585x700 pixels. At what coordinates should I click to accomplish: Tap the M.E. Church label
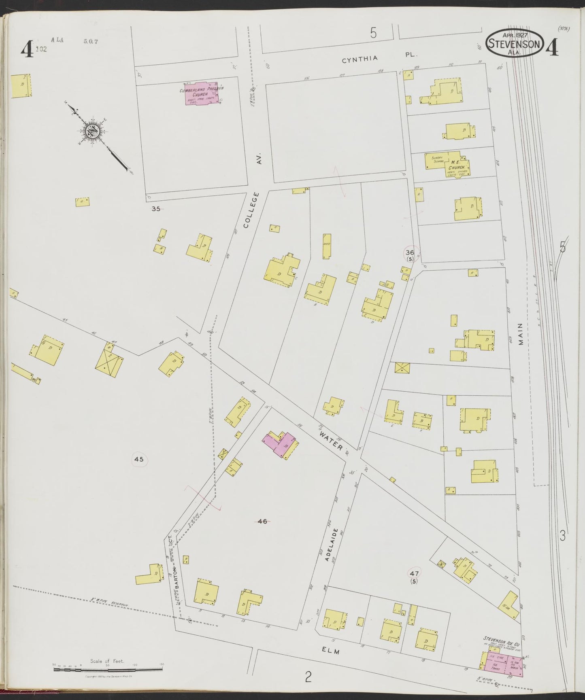point(458,164)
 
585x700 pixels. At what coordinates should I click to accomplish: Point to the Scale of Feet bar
point(108,670)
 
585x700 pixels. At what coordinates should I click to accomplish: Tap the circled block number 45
point(139,459)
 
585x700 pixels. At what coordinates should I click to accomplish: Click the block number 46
point(262,522)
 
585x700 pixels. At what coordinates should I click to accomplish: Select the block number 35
point(156,209)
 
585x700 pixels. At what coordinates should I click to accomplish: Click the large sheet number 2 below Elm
point(308,676)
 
